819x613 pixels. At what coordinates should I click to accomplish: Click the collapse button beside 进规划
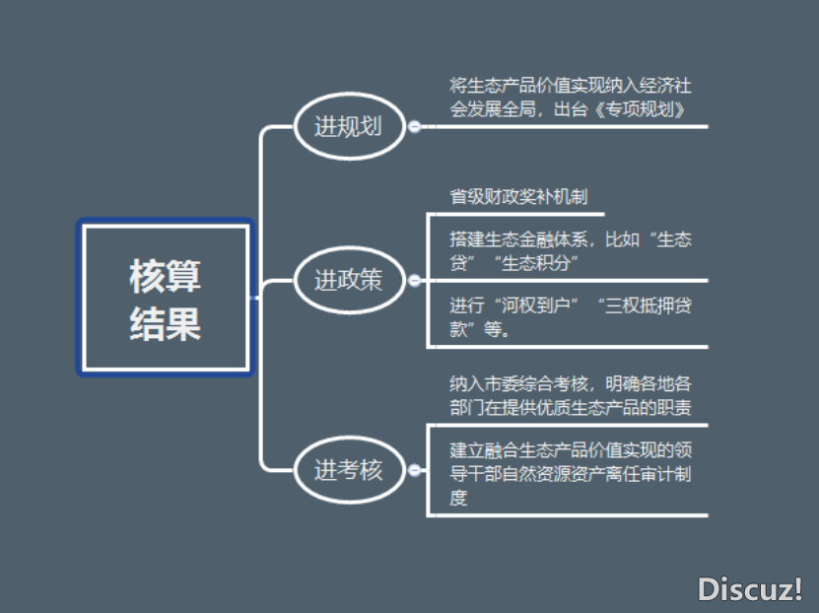(x=415, y=126)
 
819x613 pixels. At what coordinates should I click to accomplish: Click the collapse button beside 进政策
(x=415, y=281)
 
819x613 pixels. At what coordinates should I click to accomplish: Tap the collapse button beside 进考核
(x=415, y=470)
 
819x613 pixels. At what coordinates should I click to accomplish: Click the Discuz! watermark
(x=750, y=589)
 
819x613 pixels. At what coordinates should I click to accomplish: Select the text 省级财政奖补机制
(x=518, y=197)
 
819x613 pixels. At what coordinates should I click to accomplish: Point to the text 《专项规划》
(x=641, y=109)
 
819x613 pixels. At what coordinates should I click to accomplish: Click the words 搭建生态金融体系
(x=518, y=239)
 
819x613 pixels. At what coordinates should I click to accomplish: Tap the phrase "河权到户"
(x=536, y=306)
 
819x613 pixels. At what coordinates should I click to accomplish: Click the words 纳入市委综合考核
(x=518, y=384)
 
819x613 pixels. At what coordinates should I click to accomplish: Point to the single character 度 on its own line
(x=458, y=498)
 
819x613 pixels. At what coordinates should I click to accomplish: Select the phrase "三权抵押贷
(x=645, y=306)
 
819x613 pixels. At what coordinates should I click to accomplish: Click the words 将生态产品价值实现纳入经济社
(x=571, y=85)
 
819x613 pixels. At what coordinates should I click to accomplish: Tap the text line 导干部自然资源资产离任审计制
(x=571, y=474)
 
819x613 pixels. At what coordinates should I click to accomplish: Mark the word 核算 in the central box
(x=165, y=276)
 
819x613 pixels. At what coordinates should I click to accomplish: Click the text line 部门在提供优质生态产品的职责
(x=571, y=408)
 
